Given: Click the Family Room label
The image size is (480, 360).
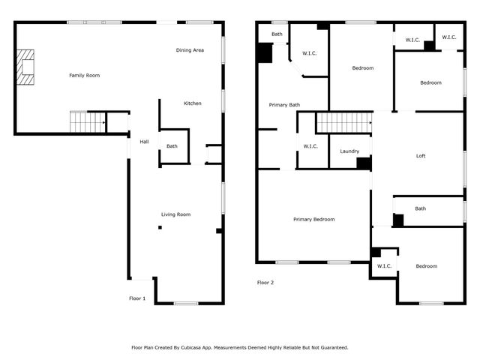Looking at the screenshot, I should [x=84, y=75].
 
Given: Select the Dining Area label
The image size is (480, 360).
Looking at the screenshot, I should [x=190, y=50].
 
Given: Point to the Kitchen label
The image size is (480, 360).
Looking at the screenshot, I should [x=193, y=103].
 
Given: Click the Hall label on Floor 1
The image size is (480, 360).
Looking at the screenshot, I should [x=144, y=141].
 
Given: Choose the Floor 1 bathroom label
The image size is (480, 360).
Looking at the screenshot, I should [x=172, y=146].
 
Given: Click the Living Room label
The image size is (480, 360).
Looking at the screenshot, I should [x=175, y=214].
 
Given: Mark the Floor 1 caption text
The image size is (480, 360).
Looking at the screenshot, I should [x=138, y=298].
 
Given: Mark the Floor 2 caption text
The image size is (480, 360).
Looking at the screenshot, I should [x=265, y=283].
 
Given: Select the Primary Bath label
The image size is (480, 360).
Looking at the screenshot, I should [x=284, y=105].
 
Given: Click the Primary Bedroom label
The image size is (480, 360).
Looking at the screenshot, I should [x=313, y=219].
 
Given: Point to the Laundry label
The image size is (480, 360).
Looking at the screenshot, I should [x=349, y=151].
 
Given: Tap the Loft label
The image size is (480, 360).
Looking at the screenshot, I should [x=421, y=156].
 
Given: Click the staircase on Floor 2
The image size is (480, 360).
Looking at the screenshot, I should [x=344, y=122].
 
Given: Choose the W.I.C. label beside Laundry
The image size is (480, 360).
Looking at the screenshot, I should [x=310, y=146].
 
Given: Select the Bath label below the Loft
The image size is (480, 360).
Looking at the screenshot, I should [x=421, y=208].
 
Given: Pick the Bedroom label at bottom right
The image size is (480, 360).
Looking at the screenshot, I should [x=426, y=266].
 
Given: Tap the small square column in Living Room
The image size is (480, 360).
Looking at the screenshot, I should [x=159, y=227].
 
